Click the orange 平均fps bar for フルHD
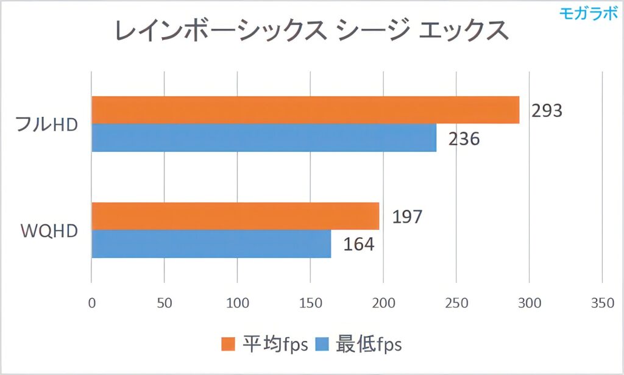[305, 110]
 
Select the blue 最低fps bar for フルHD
[264, 138]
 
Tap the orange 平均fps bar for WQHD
[235, 216]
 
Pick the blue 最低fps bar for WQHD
[211, 244]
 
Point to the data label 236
[464, 139]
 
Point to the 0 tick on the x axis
[91, 303]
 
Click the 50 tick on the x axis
[164, 303]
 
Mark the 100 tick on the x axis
[237, 303]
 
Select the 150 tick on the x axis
[310, 303]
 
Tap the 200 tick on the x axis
[383, 303]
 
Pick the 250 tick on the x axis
[456, 303]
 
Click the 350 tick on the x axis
[602, 303]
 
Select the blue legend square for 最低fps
[322, 345]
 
